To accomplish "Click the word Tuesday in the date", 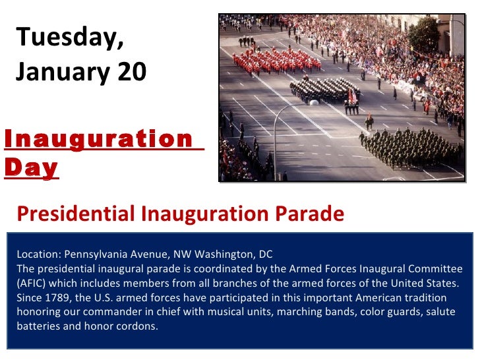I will click(69, 38).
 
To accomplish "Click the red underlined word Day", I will click(30, 168).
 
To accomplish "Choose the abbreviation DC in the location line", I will click(265, 254).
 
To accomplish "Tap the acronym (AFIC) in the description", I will click(31, 284).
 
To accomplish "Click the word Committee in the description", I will click(438, 268).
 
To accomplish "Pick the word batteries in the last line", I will click(36, 326).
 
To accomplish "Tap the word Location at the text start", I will click(37, 254).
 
